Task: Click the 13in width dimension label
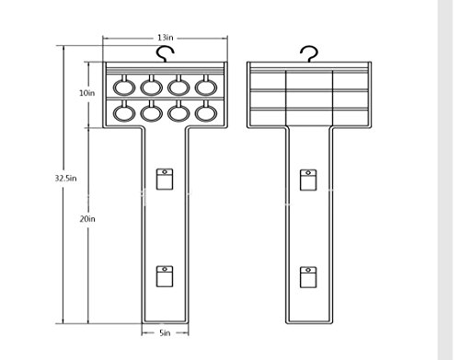166,38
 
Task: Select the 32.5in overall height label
65,179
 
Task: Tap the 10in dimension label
87,93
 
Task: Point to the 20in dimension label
87,219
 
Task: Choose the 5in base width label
165,333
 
